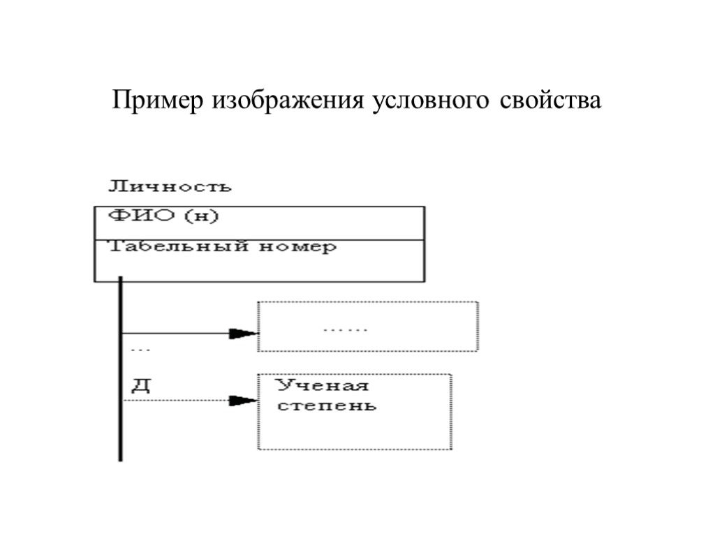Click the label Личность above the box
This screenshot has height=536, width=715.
[169, 187]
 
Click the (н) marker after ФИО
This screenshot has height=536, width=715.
[201, 217]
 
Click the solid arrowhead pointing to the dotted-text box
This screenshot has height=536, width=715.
[245, 333]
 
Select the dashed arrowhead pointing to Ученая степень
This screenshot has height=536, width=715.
[244, 401]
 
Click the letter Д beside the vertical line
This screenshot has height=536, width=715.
[140, 385]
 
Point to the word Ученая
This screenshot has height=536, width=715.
[323, 386]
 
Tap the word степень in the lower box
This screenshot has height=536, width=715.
[327, 405]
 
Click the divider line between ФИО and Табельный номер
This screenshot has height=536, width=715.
[259, 239]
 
